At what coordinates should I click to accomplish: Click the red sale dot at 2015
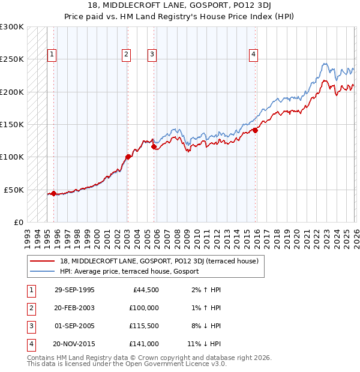point(255,130)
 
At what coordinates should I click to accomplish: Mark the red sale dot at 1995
point(54,193)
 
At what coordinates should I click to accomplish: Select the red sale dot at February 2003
point(128,157)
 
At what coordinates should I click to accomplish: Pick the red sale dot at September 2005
point(154,146)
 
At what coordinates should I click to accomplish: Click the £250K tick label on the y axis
point(12,59)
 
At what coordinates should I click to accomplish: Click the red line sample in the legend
point(43,261)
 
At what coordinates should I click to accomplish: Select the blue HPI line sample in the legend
point(43,271)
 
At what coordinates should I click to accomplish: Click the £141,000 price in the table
point(144,344)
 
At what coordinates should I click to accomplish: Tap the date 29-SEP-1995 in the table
point(74,290)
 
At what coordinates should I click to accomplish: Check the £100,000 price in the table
point(144,308)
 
